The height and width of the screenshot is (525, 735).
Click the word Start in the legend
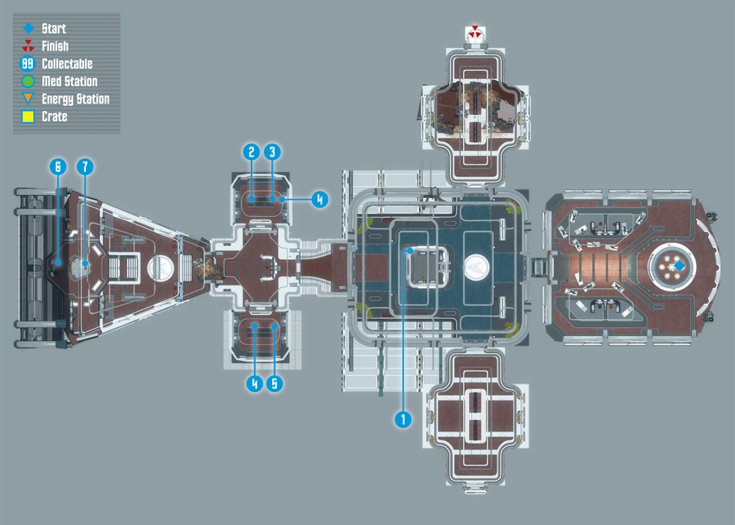click(54, 29)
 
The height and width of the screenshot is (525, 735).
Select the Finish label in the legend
click(55, 46)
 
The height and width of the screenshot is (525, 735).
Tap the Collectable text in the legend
click(67, 64)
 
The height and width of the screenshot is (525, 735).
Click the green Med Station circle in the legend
click(28, 81)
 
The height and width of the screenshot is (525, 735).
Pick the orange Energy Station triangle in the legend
click(28, 98)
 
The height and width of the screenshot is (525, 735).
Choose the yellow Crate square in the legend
click(28, 116)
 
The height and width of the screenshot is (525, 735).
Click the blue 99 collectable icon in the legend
click(28, 64)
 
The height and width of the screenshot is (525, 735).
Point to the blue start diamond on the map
click(679, 266)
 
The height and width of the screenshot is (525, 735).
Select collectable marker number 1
click(403, 419)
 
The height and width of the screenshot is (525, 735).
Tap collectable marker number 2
click(251, 152)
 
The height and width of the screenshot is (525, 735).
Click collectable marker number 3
click(273, 152)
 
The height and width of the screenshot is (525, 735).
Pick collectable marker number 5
click(275, 383)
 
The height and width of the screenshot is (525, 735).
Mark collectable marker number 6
click(58, 166)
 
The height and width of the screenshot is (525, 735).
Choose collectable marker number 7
click(85, 166)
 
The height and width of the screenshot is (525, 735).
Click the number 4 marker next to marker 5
click(254, 383)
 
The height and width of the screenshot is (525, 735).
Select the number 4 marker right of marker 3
click(320, 199)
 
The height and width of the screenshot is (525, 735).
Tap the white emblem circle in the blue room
click(477, 268)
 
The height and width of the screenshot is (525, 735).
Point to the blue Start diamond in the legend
click(29, 29)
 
